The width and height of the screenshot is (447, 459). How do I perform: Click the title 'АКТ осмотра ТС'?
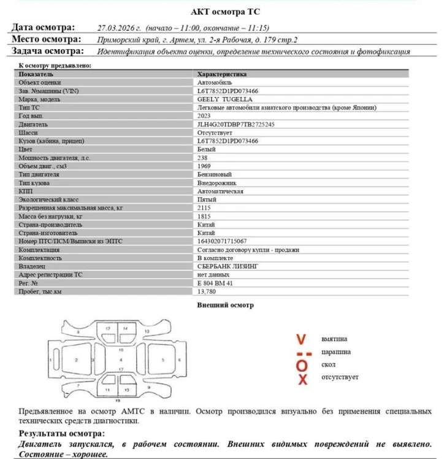pos(223,12)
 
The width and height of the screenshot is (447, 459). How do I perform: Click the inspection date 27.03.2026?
pos(119,28)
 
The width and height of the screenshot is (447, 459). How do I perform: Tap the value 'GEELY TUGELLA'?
pos(224,99)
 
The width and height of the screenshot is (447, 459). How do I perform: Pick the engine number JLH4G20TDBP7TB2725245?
pos(235,124)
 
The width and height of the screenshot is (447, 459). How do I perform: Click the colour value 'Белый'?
pos(206,149)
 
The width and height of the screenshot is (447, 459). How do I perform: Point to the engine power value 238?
pos(202,158)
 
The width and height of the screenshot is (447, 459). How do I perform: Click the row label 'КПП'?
pos(25,191)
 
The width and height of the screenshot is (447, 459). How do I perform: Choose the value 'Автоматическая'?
pos(220,191)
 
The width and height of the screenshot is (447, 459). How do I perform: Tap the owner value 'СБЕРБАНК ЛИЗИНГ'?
pos(228,266)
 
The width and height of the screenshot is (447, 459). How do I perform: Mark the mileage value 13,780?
pos(206,292)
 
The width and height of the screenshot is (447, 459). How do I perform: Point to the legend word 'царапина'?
pos(336,352)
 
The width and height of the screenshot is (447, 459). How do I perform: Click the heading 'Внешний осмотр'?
pos(225,305)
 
